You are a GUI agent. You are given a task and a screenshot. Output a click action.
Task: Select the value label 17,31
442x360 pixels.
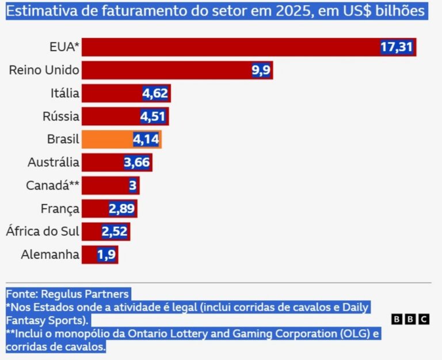(x=397, y=47)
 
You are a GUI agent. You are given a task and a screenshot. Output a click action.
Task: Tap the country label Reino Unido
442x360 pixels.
(x=44, y=70)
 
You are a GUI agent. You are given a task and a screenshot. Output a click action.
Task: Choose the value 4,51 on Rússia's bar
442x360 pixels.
(x=153, y=117)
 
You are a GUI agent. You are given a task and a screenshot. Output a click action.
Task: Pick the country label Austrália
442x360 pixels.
(x=53, y=162)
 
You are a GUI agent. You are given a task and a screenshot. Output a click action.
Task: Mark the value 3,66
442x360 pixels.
(x=137, y=163)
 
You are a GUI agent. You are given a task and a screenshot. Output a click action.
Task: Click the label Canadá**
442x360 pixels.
(x=52, y=185)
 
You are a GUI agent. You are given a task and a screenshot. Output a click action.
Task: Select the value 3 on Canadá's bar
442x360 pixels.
(x=132, y=186)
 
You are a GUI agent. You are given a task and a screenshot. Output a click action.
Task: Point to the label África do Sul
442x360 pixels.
(x=42, y=232)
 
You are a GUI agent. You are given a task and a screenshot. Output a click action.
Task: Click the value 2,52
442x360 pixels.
(x=115, y=232)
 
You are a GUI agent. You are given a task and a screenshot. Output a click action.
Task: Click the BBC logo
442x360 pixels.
(x=410, y=319)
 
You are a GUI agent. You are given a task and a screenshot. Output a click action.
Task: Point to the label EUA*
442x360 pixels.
(x=64, y=47)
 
